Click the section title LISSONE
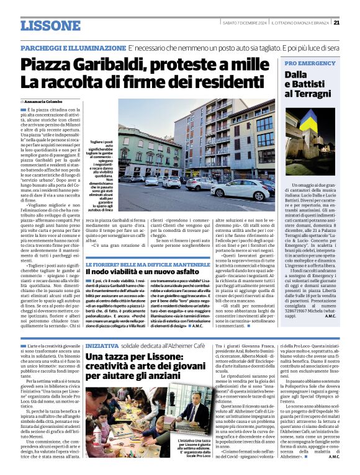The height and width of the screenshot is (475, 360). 50,26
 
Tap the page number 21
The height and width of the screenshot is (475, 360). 336,22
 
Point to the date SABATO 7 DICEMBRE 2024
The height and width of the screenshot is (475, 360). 245,23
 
